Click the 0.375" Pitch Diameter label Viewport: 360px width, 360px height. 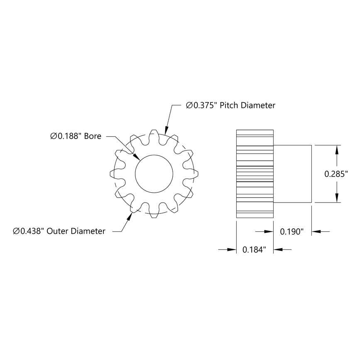click(x=230, y=105)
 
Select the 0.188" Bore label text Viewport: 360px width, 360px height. click(x=76, y=136)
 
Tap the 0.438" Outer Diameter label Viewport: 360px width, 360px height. click(x=59, y=231)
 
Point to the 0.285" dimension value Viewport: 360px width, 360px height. click(x=336, y=174)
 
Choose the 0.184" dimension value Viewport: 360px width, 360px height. click(x=254, y=250)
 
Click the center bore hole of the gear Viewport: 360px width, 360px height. click(x=154, y=173)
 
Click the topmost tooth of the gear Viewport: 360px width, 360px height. click(x=154, y=134)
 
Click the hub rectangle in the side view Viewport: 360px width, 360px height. click(x=292, y=174)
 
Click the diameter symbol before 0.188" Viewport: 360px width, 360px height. click(x=54, y=136)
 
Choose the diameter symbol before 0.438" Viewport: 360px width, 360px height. click(x=16, y=231)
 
